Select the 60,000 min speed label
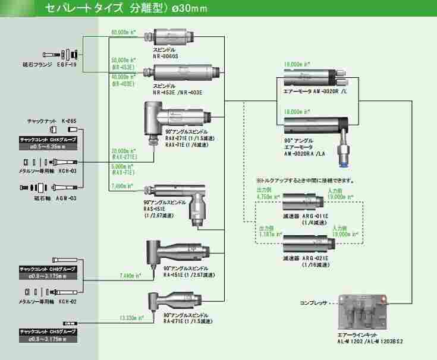[124, 32]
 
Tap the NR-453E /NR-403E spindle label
[177, 93]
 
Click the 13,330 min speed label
[132, 317]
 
